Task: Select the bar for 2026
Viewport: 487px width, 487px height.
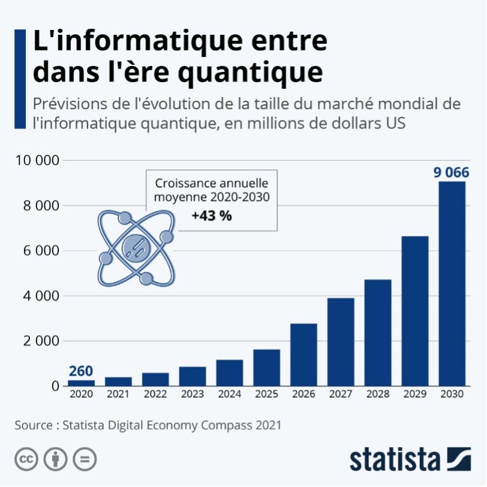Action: point(303,354)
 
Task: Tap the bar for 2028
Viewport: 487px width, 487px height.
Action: point(378,332)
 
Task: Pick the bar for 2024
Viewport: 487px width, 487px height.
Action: point(229,372)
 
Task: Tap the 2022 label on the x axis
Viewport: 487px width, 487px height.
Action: point(155,394)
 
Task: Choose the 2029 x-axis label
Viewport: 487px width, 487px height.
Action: point(415,394)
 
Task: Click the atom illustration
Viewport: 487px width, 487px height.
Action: point(136,248)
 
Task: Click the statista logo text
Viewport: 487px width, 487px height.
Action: point(395,459)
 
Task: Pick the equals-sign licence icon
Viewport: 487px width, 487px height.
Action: point(85,459)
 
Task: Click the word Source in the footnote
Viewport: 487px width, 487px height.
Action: point(34,425)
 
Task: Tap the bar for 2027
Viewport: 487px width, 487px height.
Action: point(341,342)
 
